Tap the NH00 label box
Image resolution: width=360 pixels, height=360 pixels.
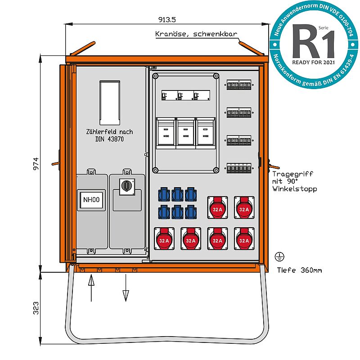point(92,200)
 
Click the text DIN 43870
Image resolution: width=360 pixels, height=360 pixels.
point(109,139)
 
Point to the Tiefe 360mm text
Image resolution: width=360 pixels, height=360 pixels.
point(299,270)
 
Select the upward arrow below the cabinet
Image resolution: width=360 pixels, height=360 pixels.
point(91,288)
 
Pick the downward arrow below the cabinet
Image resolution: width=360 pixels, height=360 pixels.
point(126,288)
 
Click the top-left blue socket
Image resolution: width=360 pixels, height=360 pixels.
point(163,194)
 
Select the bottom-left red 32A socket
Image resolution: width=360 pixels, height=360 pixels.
point(164,238)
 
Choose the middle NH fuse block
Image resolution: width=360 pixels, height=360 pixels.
point(185,132)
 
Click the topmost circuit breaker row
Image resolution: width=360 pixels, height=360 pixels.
point(239,85)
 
